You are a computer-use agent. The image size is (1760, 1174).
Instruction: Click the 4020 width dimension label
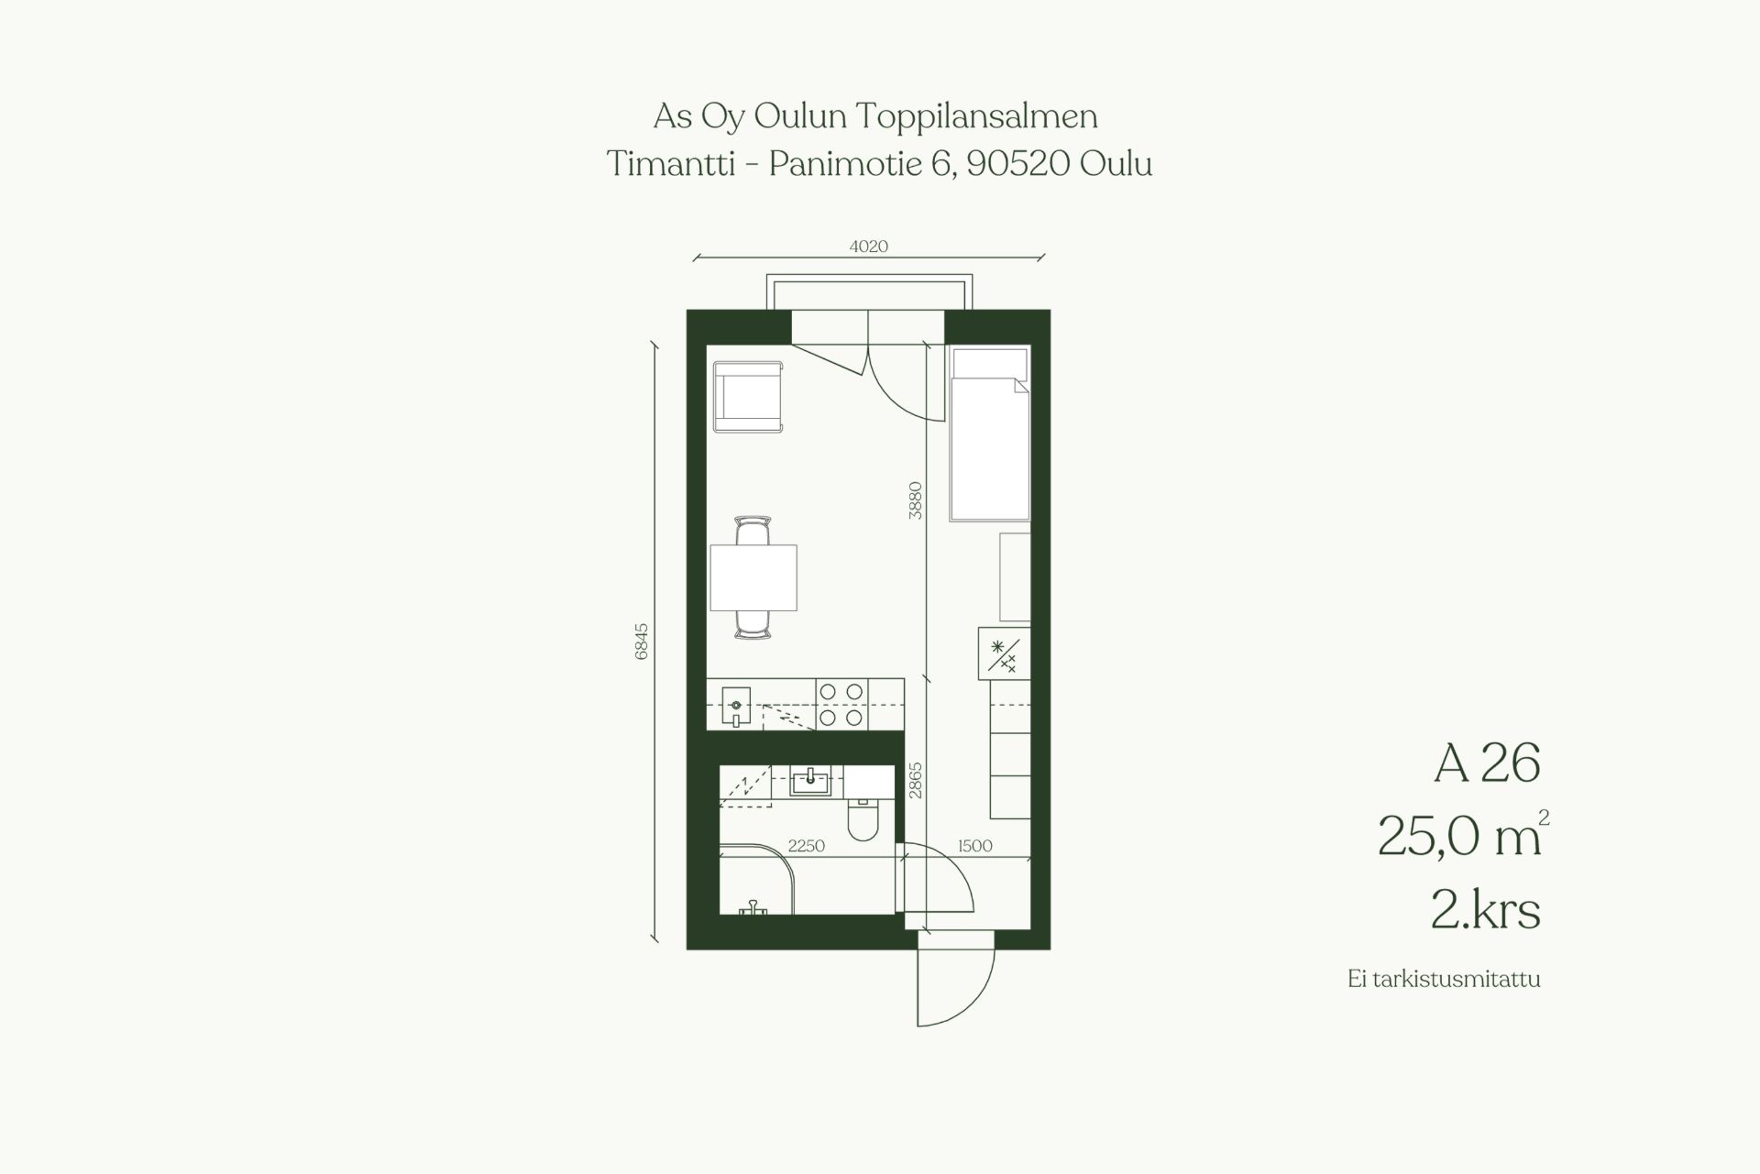(869, 246)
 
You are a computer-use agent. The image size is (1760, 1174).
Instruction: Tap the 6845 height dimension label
(642, 641)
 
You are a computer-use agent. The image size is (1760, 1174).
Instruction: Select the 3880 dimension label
(915, 500)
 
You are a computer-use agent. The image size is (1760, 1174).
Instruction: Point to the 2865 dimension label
(915, 781)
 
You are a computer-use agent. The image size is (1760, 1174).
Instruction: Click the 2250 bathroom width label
(807, 846)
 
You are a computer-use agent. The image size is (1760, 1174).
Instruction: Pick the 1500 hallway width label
(974, 846)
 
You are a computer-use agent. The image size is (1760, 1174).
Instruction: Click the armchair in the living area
(748, 397)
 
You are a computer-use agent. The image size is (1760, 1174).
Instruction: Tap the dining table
(753, 577)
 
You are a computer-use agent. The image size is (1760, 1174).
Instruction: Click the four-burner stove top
(841, 705)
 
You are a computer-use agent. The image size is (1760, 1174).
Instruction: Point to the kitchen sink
(735, 707)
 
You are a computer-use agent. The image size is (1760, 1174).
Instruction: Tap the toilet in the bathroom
(863, 817)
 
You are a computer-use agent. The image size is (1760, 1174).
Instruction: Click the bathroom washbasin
(810, 781)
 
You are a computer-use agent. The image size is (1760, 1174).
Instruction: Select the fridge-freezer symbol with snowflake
(1004, 653)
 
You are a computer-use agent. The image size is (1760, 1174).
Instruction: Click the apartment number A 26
(1487, 763)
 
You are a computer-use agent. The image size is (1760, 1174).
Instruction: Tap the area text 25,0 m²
(1463, 837)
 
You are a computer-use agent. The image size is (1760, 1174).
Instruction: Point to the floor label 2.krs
(1485, 911)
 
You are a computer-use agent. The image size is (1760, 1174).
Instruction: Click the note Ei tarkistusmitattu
(1444, 979)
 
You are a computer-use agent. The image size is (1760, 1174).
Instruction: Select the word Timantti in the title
(671, 164)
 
